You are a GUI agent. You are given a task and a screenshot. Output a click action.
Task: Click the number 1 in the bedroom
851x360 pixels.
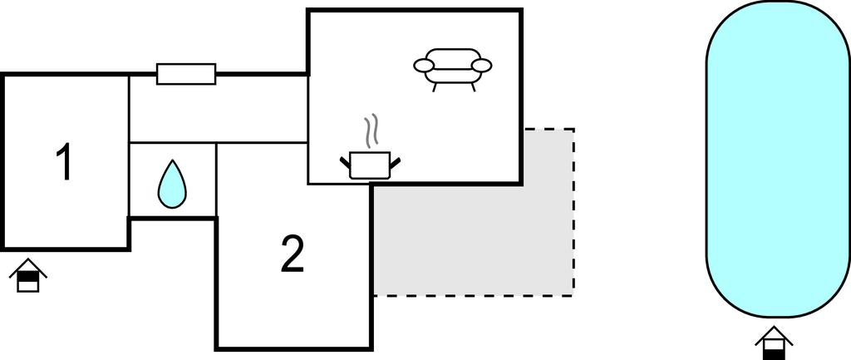(x=64, y=161)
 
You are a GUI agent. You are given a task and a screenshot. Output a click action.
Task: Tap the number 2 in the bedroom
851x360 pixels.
(x=293, y=253)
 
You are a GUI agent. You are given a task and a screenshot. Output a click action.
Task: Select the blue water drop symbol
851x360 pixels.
(x=172, y=184)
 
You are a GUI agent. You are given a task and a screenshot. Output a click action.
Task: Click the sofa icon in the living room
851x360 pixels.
(x=453, y=69)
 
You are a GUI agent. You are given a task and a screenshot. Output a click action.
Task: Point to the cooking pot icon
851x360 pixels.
(x=370, y=165)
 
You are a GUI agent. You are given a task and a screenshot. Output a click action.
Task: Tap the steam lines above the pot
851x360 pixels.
(x=371, y=131)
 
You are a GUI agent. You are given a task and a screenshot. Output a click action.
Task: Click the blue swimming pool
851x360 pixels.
(x=778, y=159)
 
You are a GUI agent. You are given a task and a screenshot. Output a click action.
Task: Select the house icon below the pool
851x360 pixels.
(x=774, y=343)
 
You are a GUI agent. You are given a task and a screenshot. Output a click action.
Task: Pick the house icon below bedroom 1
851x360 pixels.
(x=28, y=275)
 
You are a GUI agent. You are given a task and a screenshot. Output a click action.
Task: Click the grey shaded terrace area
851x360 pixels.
(x=473, y=239)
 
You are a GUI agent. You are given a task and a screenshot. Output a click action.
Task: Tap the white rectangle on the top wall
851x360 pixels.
(x=186, y=74)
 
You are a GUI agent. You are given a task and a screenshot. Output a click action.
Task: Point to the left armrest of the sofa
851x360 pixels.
(x=424, y=66)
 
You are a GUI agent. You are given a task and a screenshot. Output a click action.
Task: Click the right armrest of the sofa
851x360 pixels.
(x=481, y=66)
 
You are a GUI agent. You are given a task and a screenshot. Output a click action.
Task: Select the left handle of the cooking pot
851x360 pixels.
(x=345, y=162)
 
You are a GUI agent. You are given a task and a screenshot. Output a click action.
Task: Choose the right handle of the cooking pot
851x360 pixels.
(x=395, y=162)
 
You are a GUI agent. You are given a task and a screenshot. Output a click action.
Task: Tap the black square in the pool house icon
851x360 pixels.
(x=774, y=355)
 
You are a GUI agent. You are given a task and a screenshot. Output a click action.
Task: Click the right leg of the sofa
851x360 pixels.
(x=473, y=87)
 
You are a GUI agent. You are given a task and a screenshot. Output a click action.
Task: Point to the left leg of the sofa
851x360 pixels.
(x=435, y=87)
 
